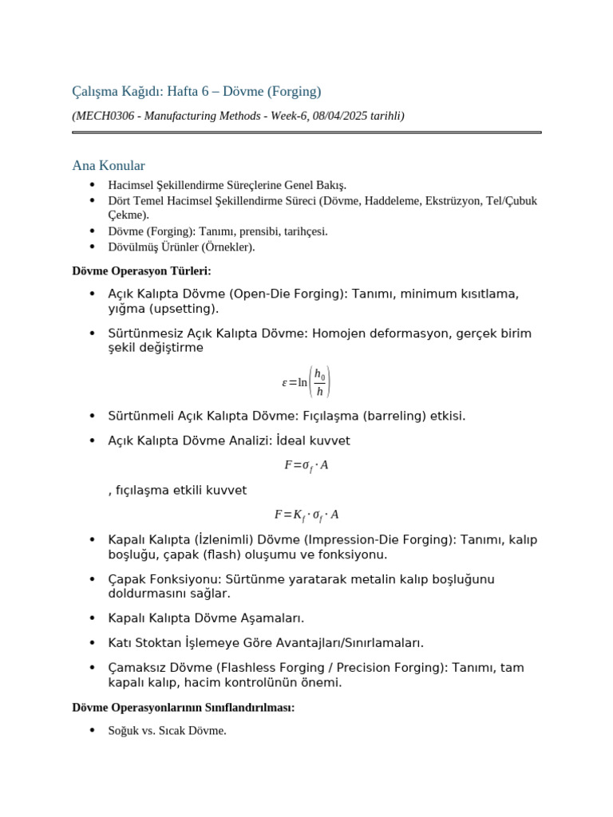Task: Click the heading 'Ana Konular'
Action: click(x=109, y=166)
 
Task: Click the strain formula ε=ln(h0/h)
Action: click(x=306, y=382)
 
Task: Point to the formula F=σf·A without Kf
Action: click(x=306, y=465)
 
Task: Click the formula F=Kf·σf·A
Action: click(x=306, y=515)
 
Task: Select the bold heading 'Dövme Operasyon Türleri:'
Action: click(x=141, y=271)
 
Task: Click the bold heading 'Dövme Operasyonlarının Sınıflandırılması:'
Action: click(x=184, y=707)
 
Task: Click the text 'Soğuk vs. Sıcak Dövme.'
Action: click(x=168, y=730)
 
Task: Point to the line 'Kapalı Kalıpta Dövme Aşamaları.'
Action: click(x=206, y=618)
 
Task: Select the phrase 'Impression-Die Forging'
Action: click(x=381, y=539)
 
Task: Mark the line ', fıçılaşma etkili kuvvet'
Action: click(x=177, y=490)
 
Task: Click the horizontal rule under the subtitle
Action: click(x=306, y=132)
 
